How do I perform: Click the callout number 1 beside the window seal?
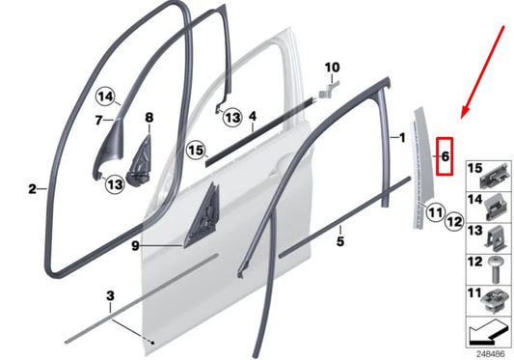coord(402,138)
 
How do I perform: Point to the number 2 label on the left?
coord(31,189)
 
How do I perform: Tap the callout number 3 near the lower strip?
coord(110,294)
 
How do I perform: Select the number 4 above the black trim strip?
coord(251,118)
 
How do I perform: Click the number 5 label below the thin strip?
coord(339,241)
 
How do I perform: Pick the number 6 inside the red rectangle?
coord(446,154)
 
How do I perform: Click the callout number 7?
coord(97,121)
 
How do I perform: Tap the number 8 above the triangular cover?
coord(149,119)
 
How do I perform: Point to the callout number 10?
coord(333,69)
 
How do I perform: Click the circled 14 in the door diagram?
coord(106,96)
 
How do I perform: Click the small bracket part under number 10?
coord(328,90)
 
